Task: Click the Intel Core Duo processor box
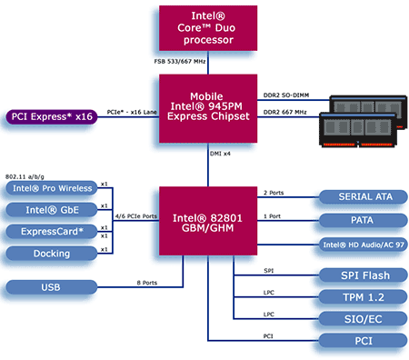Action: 208,28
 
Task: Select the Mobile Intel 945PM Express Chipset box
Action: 208,108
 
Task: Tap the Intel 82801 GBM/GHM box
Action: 208,221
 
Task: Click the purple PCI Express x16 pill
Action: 52,117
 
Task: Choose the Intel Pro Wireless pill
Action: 52,188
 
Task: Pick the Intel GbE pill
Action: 52,210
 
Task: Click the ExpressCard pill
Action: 52,232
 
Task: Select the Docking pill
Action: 52,254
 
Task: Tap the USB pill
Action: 52,287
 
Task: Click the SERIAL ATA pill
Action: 364,197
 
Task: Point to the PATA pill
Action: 364,220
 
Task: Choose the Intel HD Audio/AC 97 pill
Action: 364,245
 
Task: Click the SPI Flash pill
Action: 364,275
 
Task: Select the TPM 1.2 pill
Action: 364,297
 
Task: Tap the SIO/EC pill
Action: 364,319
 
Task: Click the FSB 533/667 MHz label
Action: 180,62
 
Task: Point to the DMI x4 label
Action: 220,154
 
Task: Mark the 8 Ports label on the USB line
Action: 147,283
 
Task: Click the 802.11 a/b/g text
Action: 25,176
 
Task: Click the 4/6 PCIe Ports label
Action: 136,216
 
